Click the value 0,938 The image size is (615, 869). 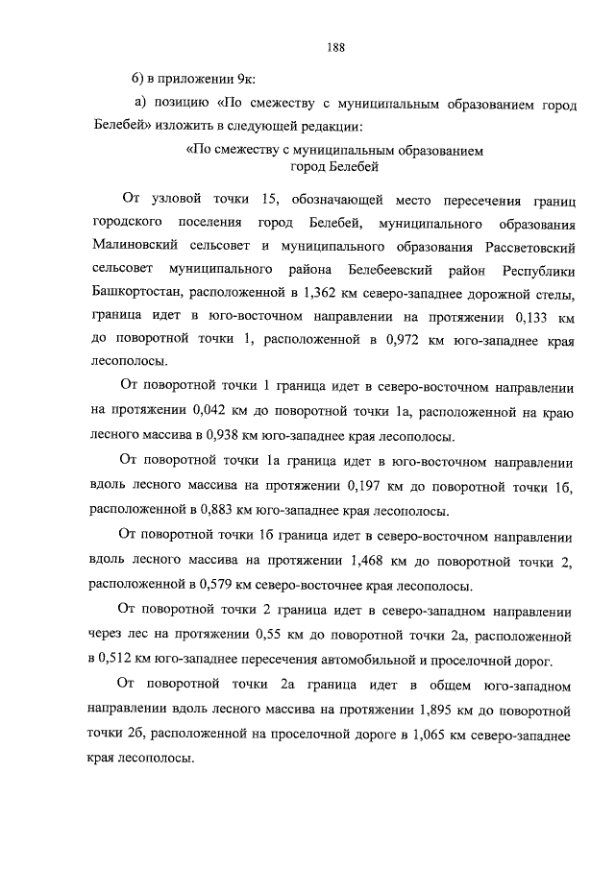coord(236,435)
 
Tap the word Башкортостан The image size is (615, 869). coord(135,291)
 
